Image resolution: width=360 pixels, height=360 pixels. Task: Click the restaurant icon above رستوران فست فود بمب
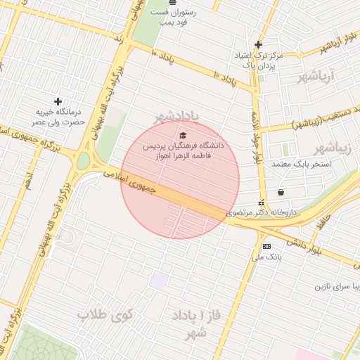(x=173, y=3)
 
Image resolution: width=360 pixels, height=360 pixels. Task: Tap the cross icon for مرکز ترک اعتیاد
(x=259, y=44)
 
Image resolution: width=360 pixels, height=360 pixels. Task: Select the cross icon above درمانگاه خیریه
(x=58, y=102)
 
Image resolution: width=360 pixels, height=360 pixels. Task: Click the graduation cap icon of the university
(x=184, y=135)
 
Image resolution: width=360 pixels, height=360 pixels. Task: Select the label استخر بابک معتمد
(x=316, y=163)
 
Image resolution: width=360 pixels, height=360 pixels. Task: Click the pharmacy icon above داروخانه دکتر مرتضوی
(x=262, y=202)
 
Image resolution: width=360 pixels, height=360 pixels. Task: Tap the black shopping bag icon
(x=281, y=191)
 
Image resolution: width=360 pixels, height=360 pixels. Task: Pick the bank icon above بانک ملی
(x=266, y=246)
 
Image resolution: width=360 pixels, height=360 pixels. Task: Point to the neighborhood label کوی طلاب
(x=105, y=314)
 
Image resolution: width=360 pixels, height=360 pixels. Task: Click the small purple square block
(x=159, y=280)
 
